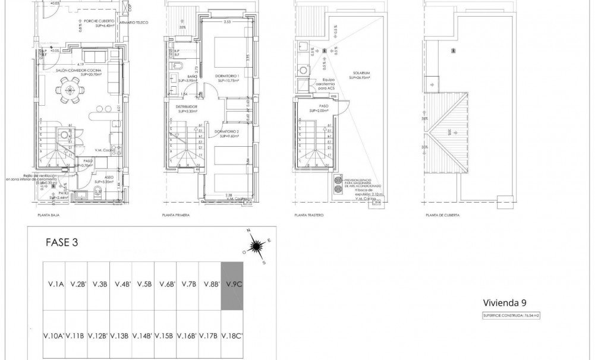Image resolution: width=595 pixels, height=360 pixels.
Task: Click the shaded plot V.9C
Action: click(232, 285)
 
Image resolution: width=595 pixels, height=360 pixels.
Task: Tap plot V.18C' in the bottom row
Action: click(232, 336)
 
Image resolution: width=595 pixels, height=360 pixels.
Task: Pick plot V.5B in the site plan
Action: click(143, 285)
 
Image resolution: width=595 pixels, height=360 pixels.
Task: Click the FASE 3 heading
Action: click(62, 242)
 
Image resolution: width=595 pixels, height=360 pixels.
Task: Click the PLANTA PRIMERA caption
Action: click(175, 215)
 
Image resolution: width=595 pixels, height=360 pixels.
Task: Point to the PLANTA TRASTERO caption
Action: click(308, 215)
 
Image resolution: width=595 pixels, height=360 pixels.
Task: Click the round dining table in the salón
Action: click(71, 91)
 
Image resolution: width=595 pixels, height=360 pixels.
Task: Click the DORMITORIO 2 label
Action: click(226, 131)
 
